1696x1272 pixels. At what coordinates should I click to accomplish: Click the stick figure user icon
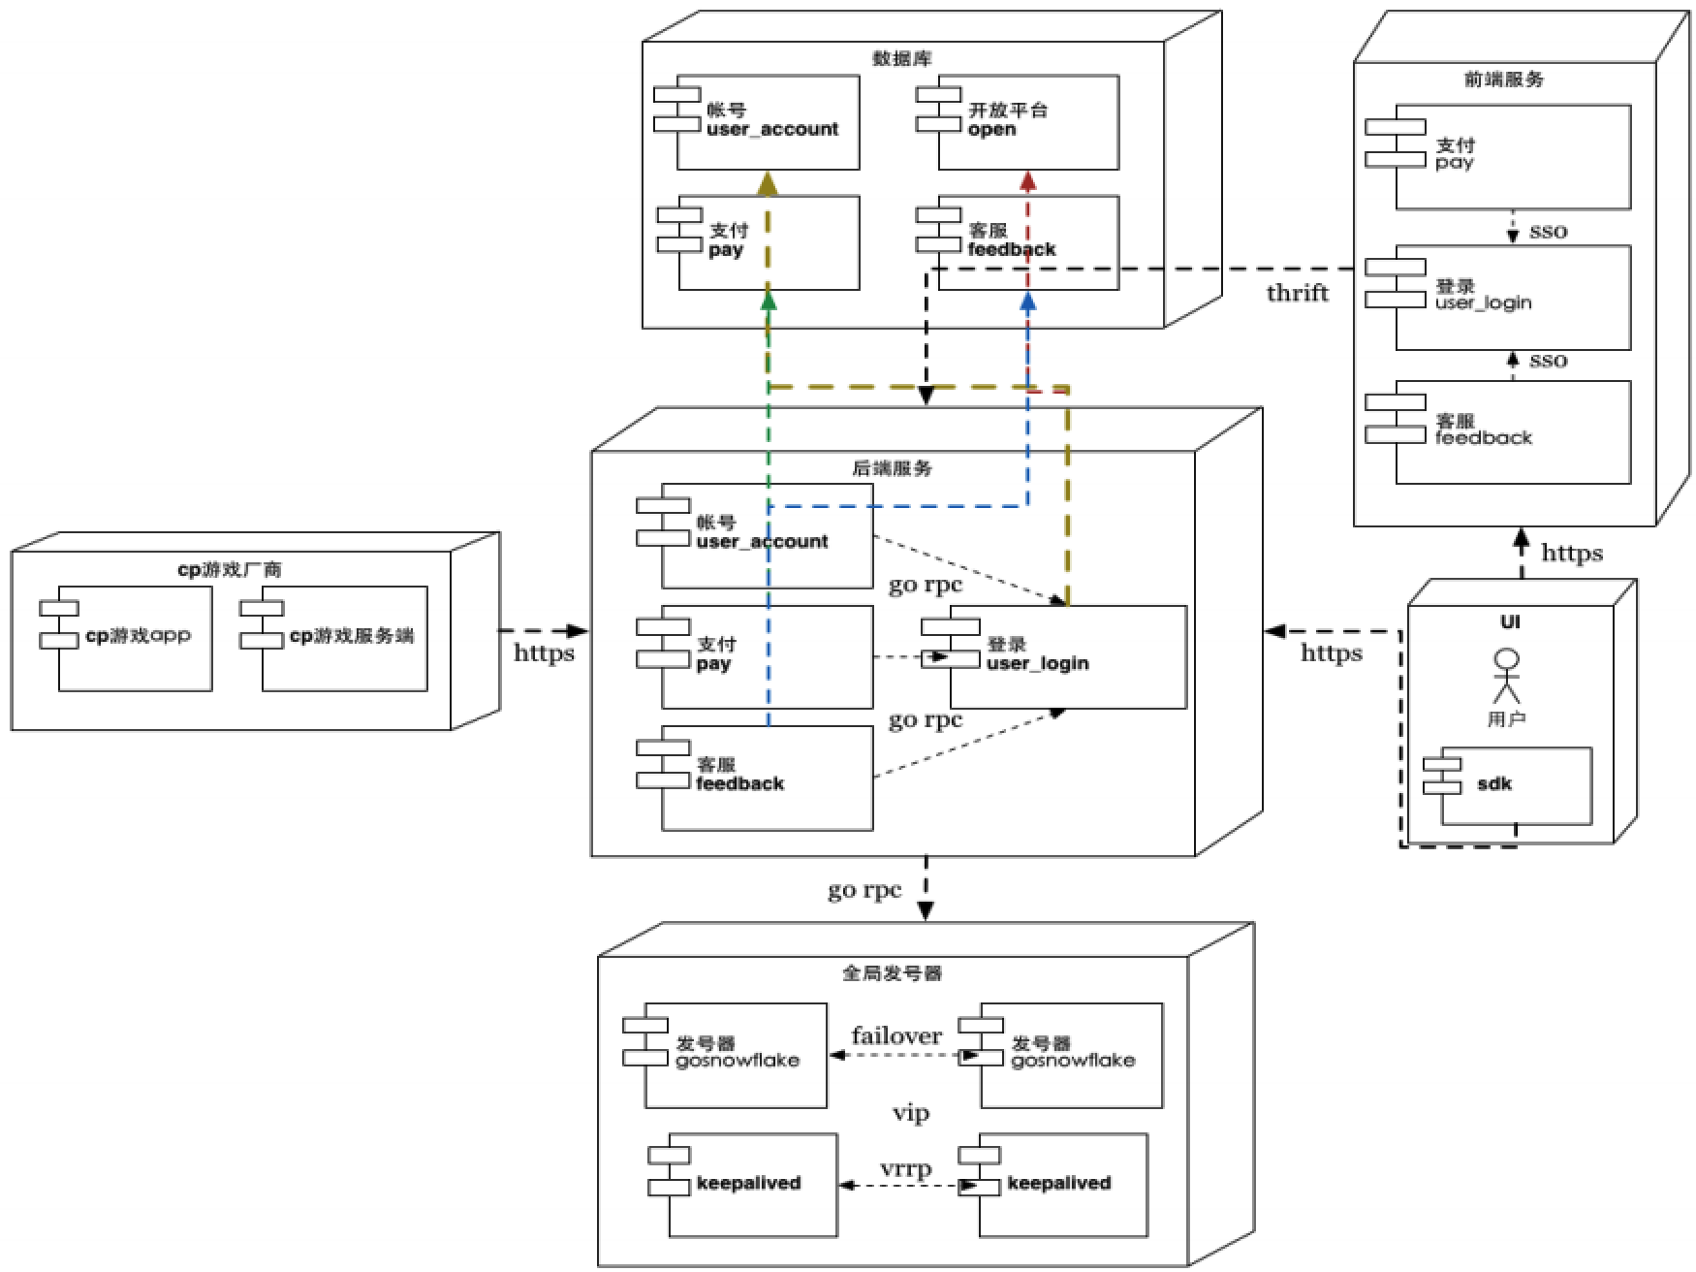pyautogui.click(x=1506, y=676)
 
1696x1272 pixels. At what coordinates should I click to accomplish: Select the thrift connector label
pyautogui.click(x=1297, y=293)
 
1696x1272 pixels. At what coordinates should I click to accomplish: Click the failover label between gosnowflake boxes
pyautogui.click(x=896, y=1035)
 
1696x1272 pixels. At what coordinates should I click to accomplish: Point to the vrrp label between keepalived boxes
pyautogui.click(x=905, y=1168)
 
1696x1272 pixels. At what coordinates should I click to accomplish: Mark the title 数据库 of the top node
pyautogui.click(x=901, y=59)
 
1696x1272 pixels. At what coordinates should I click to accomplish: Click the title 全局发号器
pyautogui.click(x=892, y=972)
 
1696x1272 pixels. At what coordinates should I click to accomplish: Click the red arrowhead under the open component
pyautogui.click(x=1028, y=180)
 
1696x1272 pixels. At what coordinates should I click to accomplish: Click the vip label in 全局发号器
pyautogui.click(x=910, y=1113)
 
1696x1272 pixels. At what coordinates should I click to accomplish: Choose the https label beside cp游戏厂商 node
pyautogui.click(x=544, y=652)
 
